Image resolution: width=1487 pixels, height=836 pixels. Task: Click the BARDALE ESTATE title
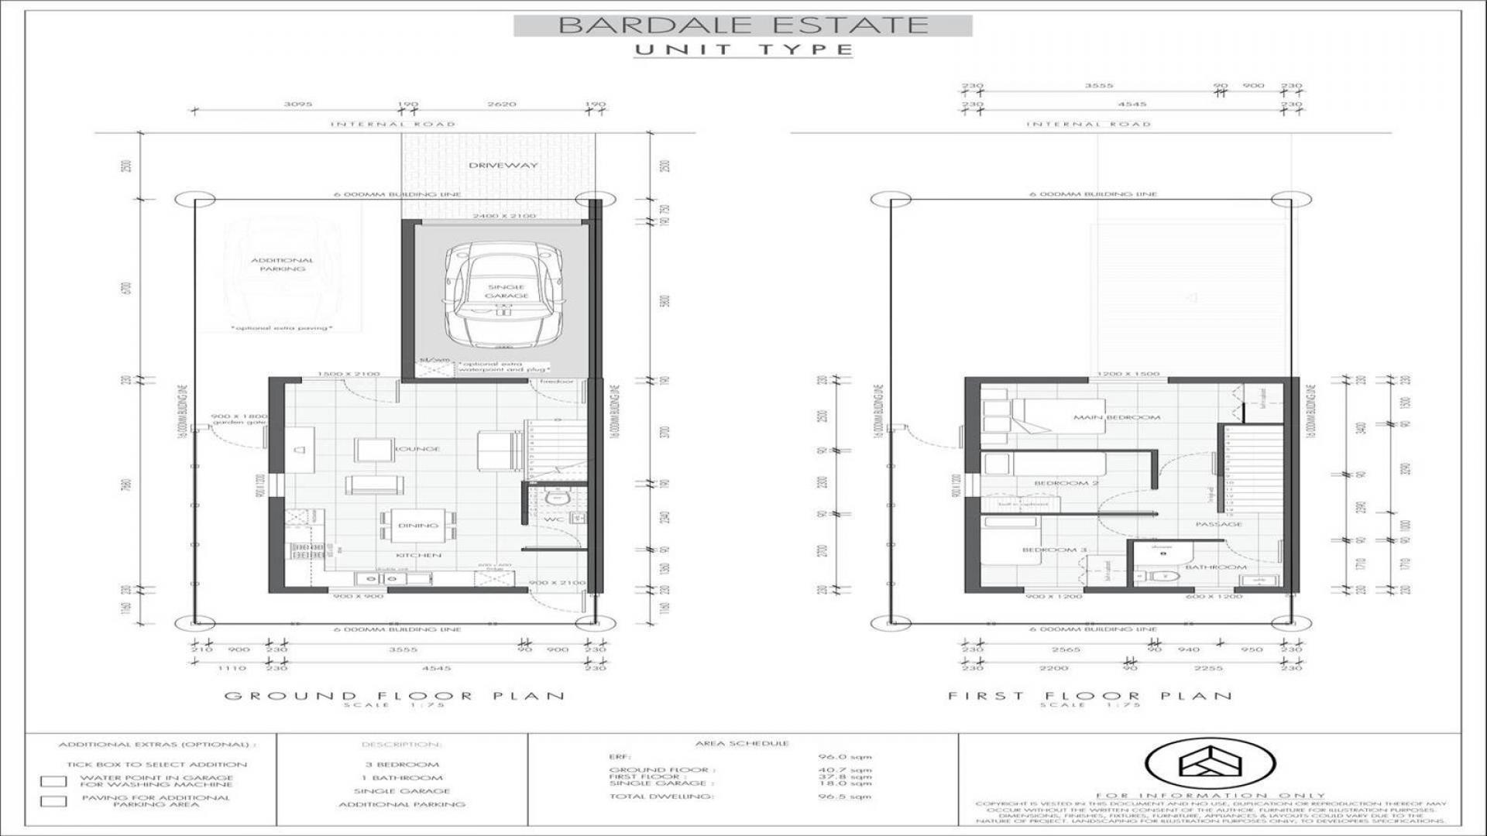click(x=743, y=25)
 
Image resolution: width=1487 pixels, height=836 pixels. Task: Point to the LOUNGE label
click(x=418, y=449)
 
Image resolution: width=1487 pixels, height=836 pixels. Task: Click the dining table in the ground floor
click(x=417, y=526)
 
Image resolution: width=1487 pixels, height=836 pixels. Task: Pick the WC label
click(x=554, y=519)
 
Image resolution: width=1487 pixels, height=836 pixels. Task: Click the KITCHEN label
click(x=418, y=555)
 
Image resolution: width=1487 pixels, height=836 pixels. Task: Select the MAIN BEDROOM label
click(x=1116, y=417)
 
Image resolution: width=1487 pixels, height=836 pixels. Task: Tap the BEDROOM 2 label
click(x=1066, y=483)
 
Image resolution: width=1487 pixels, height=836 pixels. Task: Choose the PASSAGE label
click(x=1218, y=524)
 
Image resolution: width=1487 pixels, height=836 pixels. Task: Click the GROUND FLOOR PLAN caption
click(x=394, y=696)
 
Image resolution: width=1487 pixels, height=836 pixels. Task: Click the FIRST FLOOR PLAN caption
click(x=1090, y=696)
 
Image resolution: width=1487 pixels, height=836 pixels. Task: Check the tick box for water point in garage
click(x=53, y=782)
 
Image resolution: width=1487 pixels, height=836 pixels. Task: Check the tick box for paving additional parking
click(x=53, y=801)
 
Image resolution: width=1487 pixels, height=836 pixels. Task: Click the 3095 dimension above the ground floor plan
click(x=297, y=104)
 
